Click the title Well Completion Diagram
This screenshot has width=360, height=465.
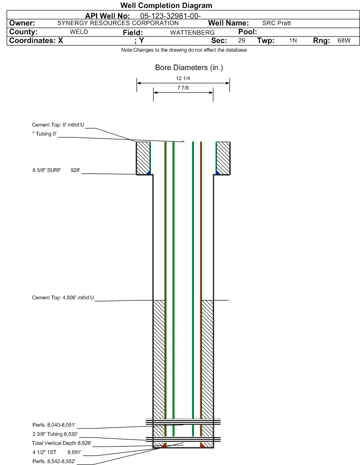(166, 6)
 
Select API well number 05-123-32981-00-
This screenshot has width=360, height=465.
(170, 16)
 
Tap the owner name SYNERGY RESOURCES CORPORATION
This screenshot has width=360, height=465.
(118, 23)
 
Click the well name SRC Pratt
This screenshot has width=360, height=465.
(277, 23)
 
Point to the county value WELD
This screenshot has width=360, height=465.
(79, 32)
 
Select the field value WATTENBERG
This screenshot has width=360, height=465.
(192, 33)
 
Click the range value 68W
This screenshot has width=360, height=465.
(344, 41)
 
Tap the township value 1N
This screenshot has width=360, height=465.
(293, 41)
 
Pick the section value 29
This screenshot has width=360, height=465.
(241, 41)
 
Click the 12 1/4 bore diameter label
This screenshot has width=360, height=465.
(183, 78)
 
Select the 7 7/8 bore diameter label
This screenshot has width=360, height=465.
(183, 88)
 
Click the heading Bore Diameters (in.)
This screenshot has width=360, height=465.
(189, 68)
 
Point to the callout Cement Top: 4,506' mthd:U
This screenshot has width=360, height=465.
(63, 298)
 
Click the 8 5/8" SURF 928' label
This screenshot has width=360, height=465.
(56, 170)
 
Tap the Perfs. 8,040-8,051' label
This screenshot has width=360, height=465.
(54, 425)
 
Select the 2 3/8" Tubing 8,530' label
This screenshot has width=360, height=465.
(55, 434)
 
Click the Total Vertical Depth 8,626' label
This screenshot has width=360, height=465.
(62, 443)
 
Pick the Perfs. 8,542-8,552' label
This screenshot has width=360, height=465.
(54, 461)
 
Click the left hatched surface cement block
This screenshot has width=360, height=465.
(143, 158)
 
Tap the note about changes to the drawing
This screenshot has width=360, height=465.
(184, 50)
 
